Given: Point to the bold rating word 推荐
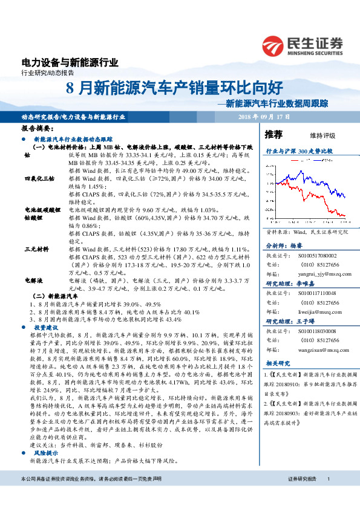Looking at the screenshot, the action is [274, 134].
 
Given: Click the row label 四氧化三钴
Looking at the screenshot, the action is [39, 179].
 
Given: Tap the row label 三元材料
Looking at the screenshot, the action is [36, 248].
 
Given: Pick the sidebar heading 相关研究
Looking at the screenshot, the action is [280, 363].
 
